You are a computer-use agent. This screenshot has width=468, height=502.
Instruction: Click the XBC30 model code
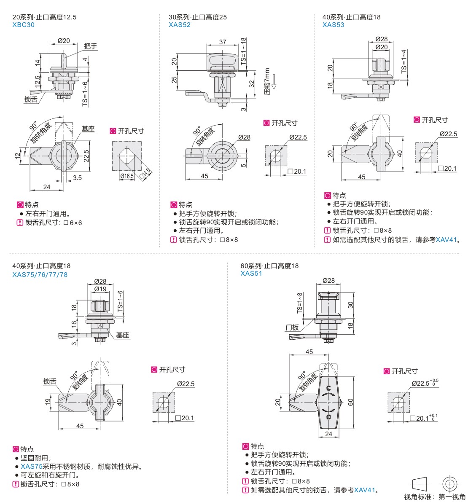pos(24,25)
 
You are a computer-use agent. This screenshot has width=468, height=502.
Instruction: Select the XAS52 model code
pos(180,25)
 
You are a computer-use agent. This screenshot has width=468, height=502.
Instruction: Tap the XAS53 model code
pos(333,25)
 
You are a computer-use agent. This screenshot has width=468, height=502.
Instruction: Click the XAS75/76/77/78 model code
pos(40,275)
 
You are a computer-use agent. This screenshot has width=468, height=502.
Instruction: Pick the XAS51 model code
pos(251,273)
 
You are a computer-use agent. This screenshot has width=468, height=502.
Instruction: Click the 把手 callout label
pos(91,46)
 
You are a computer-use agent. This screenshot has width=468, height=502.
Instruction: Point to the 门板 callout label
pos(292,328)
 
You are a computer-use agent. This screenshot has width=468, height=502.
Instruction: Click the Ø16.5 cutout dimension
pos(126,176)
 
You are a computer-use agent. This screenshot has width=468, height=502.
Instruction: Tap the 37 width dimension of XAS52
pos(223,42)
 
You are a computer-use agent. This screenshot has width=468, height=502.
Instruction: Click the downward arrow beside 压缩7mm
pos(274,81)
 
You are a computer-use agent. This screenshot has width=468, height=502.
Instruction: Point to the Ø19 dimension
pos(100,289)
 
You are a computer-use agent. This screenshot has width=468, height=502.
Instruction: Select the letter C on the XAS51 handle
pos(328,388)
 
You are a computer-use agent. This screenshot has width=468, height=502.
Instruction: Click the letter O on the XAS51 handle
pos(328,416)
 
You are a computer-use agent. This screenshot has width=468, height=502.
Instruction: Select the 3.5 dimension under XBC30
pos(77,178)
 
